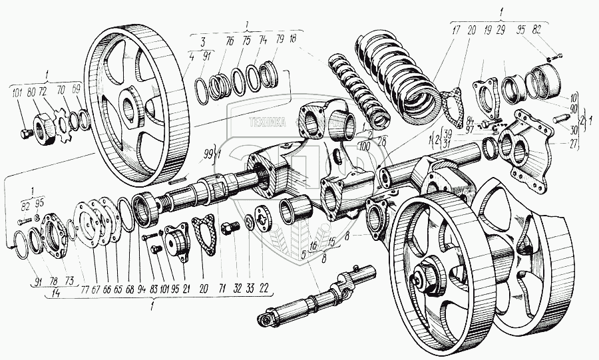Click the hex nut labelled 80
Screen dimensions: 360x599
point(43,126)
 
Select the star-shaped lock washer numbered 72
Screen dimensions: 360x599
point(65,124)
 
